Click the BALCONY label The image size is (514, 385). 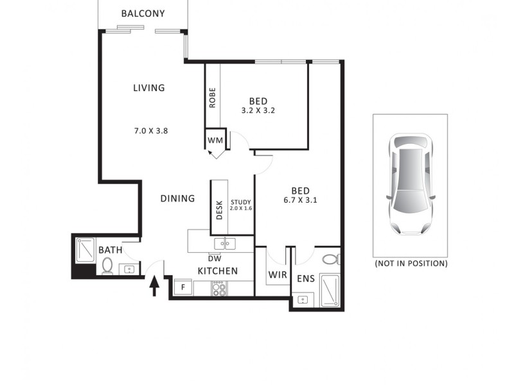point(143,13)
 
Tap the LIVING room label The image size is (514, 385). point(148,88)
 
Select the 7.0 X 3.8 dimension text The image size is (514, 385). point(151,130)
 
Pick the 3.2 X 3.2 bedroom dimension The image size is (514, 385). point(258,110)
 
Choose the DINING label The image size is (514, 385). point(177,198)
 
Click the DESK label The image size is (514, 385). point(219,210)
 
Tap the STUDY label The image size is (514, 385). point(241,201)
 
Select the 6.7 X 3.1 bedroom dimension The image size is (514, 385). point(300,200)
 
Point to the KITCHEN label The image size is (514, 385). point(217,271)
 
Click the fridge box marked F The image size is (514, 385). point(183,287)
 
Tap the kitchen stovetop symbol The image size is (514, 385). point(219,289)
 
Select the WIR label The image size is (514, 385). point(278,275)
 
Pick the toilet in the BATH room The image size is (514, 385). point(107,265)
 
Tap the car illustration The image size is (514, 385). point(410,184)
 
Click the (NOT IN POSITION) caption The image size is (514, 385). point(411,263)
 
